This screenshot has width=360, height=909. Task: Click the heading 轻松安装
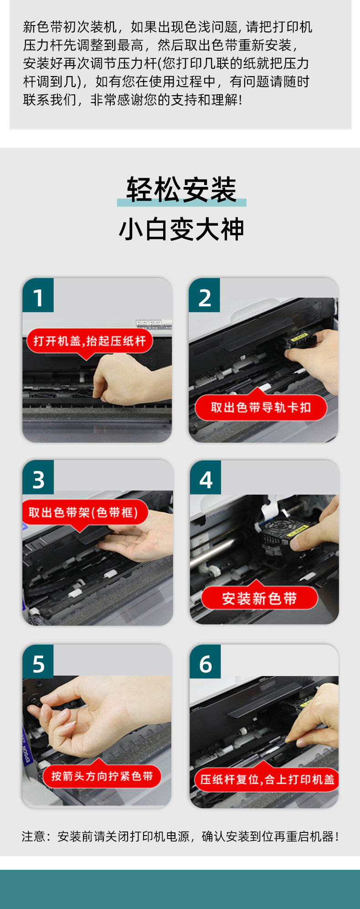pos(181,190)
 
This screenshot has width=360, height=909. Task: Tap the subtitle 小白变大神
pos(181,229)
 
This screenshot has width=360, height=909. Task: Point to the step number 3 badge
pos(38,477)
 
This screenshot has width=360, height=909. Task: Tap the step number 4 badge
pos(206,477)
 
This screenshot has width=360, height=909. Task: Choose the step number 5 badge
pos(38,661)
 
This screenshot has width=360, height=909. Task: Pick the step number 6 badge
pos(206,661)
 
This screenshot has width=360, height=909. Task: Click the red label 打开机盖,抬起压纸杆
pos(90,341)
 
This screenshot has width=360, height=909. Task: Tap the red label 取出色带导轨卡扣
pos(261,407)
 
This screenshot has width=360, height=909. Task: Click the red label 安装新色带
pos(259,598)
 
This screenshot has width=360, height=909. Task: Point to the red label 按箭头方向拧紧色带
pos(102,776)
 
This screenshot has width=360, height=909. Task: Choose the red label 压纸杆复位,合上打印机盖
pos(267,779)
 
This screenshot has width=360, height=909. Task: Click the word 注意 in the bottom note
pos(33,837)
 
